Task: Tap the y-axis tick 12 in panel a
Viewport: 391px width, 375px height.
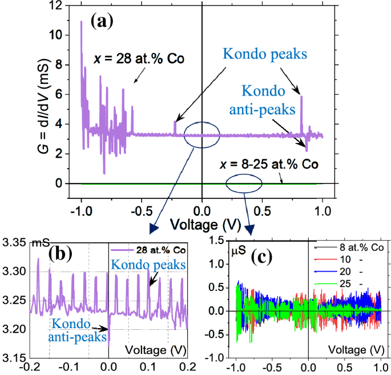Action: [55, 6]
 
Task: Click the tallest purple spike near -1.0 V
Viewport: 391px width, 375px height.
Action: [81, 23]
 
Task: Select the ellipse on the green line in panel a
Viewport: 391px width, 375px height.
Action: [244, 183]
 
